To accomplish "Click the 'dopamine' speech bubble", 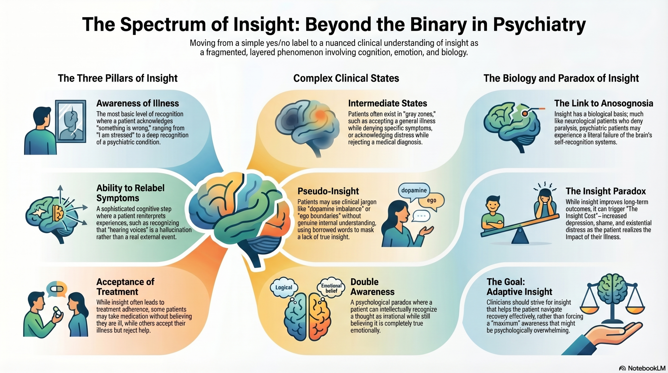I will click(414, 191).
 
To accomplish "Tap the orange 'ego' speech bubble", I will click(431, 200).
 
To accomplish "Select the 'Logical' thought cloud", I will click(284, 287).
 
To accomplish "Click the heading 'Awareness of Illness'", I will click(138, 103).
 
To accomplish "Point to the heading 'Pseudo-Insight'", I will click(328, 191).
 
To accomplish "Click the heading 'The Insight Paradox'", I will click(605, 191).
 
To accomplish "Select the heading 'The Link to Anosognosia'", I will click(604, 103).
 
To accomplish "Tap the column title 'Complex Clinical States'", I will click(346, 78).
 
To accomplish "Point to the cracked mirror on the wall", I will click(71, 121).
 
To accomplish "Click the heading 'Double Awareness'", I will click(372, 287).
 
